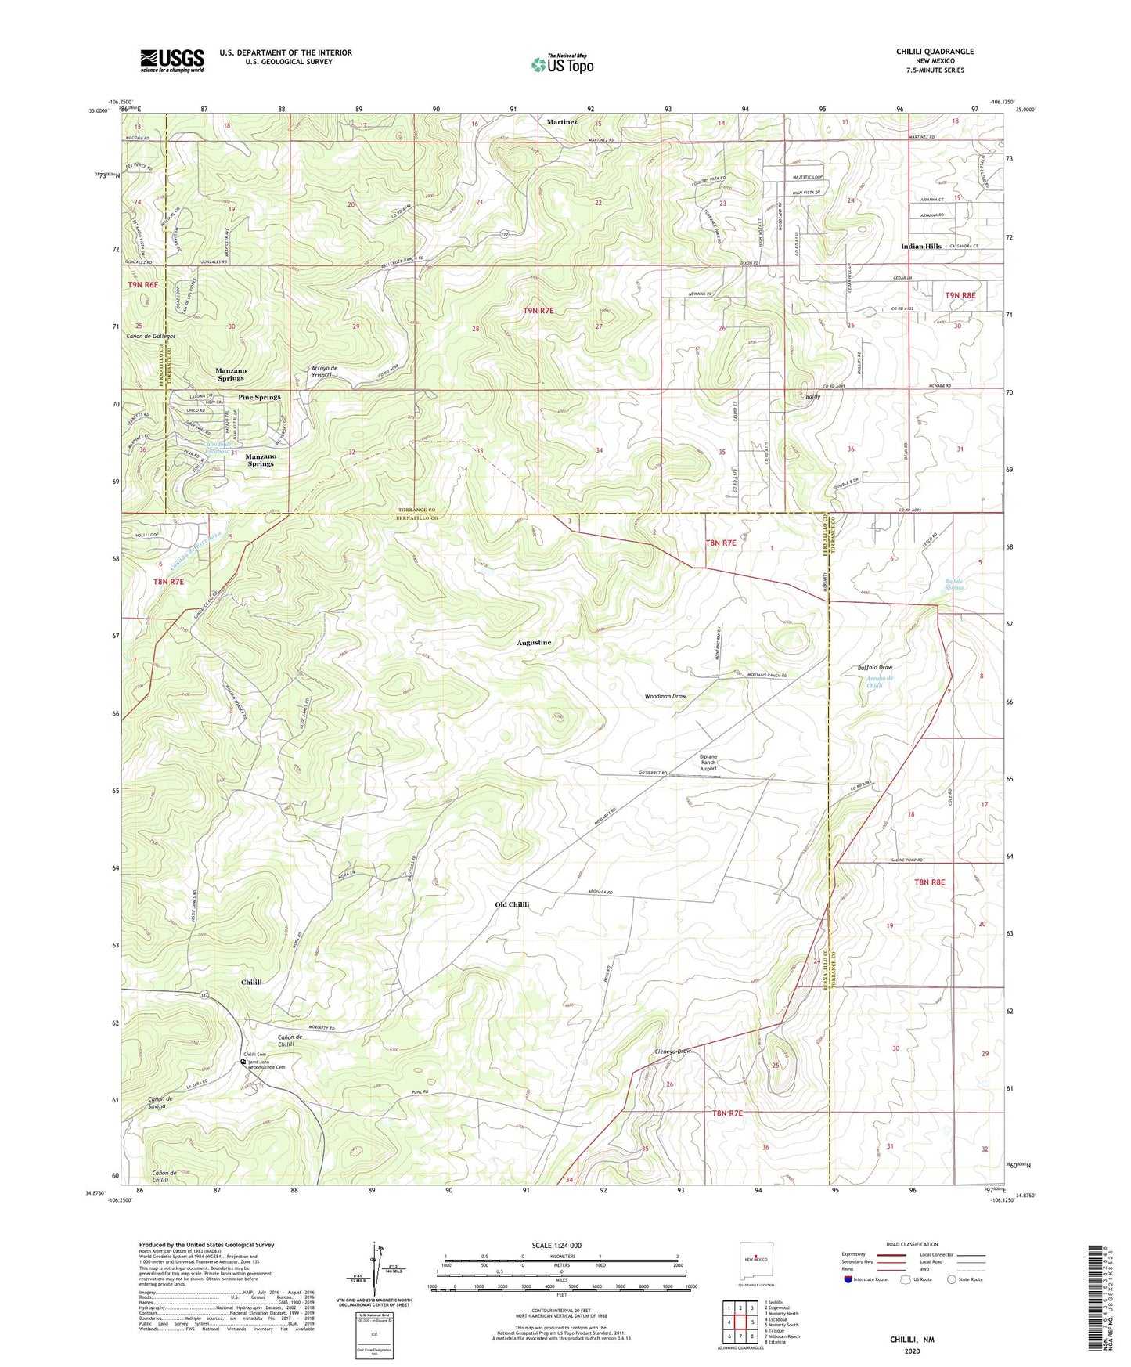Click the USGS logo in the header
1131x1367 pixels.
[172, 60]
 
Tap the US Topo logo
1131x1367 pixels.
[562, 64]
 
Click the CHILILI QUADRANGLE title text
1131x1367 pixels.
[935, 52]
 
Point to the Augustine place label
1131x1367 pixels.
[534, 642]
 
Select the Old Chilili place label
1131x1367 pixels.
[512, 904]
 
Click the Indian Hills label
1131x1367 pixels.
[920, 246]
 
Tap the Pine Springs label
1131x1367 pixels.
[259, 397]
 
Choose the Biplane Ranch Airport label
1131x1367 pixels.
[708, 763]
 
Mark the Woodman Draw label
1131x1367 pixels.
[665, 696]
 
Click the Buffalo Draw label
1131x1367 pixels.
[874, 667]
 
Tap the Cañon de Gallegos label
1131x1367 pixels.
[150, 336]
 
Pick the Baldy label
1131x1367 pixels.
[812, 397]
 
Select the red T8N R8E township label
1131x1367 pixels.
[929, 882]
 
